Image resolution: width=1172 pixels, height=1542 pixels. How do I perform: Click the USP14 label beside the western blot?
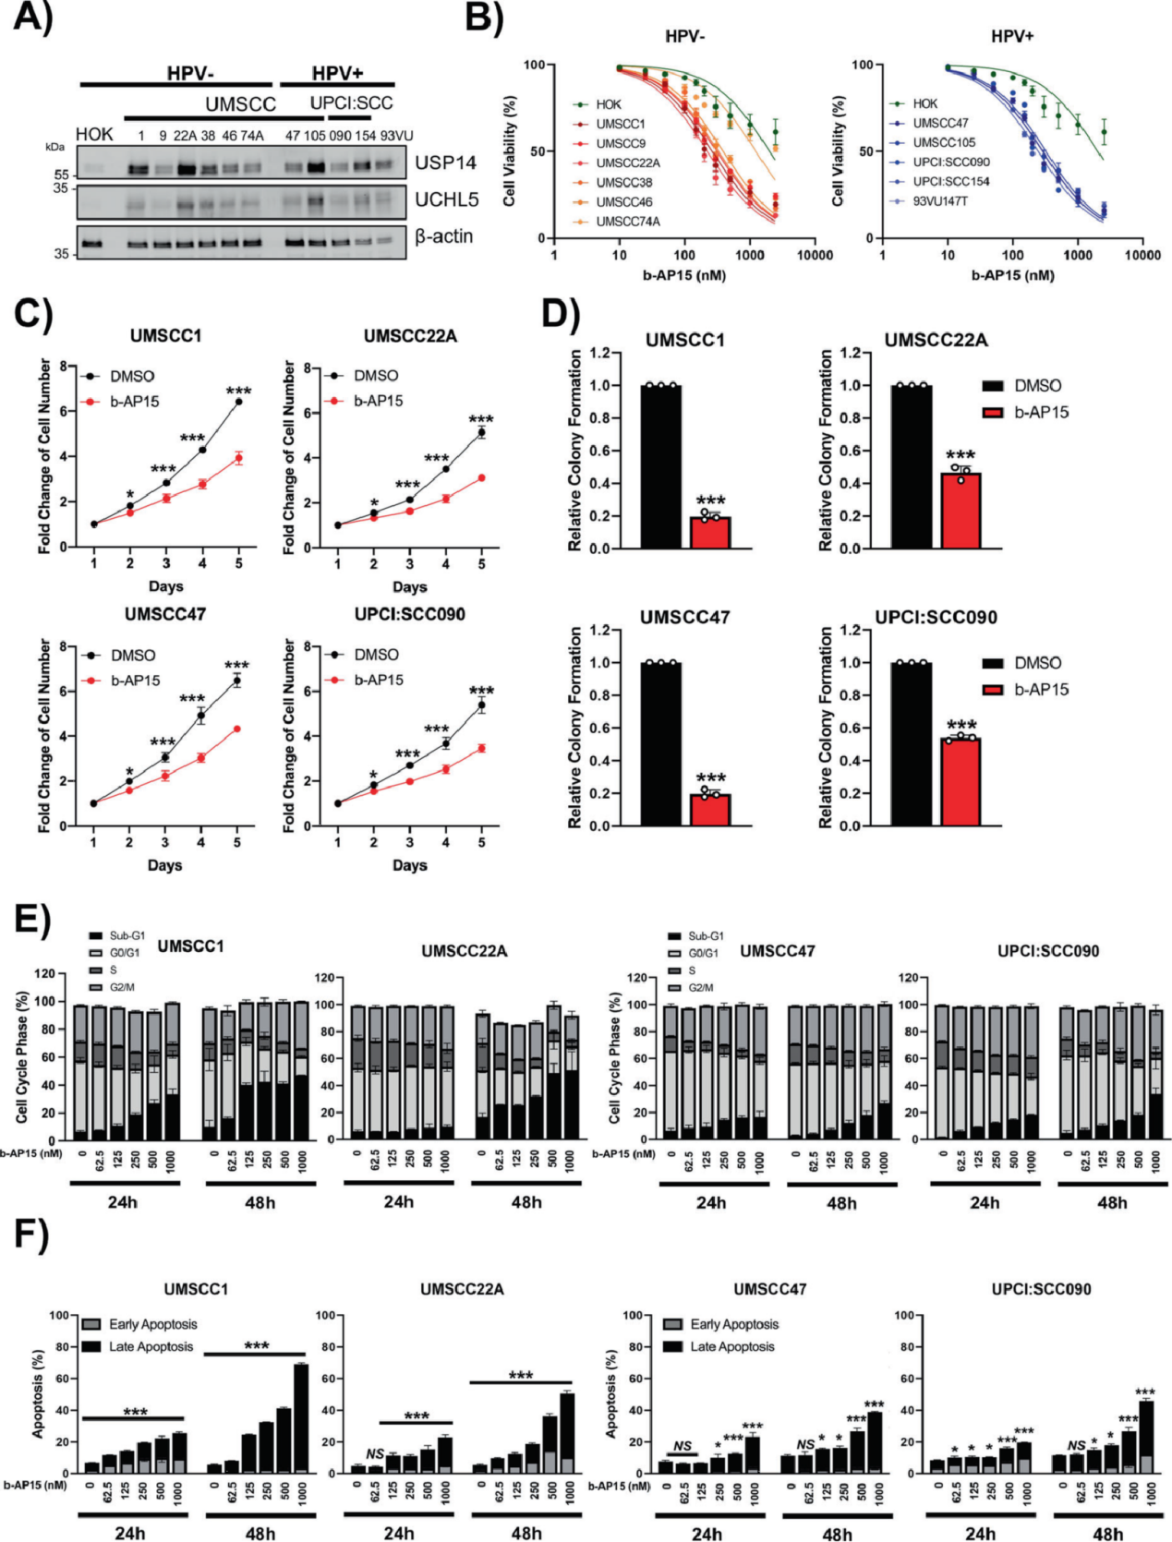[445, 163]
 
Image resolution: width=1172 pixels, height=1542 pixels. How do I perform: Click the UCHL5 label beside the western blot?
[447, 199]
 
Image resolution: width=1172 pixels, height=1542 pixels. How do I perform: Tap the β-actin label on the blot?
[443, 236]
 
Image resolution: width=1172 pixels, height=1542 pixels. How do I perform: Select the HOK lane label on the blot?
[94, 135]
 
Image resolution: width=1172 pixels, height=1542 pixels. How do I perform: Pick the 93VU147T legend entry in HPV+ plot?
[939, 201]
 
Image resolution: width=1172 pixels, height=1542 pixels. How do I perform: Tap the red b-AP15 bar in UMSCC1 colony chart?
[710, 533]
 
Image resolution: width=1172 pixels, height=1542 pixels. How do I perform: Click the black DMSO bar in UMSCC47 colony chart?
[661, 744]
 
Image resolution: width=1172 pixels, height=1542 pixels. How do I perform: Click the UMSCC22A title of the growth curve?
[410, 336]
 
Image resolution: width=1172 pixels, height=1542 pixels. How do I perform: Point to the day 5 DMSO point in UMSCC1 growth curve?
[238, 402]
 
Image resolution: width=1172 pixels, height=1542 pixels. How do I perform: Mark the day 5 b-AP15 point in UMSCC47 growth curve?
[237, 729]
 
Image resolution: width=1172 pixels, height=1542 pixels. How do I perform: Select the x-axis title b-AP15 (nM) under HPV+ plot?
[1012, 275]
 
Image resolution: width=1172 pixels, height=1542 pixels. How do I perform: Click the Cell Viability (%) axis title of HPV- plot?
[510, 151]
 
